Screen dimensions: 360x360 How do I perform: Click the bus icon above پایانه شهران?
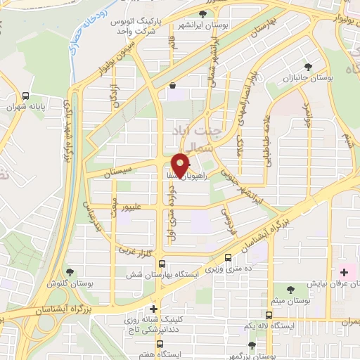tap(26, 96)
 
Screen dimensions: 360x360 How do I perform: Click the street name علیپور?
tap(133, 207)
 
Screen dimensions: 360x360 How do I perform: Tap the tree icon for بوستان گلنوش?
tap(69, 272)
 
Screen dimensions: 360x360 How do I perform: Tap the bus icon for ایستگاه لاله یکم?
tap(269, 316)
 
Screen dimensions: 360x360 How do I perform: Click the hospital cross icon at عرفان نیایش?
tap(345, 271)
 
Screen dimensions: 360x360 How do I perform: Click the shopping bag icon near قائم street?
tap(172, 86)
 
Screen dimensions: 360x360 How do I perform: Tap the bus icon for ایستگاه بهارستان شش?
tap(163, 264)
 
